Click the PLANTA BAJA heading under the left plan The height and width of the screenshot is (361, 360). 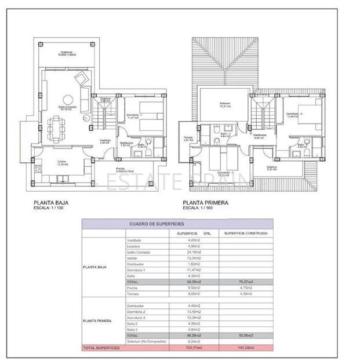click(x=52, y=203)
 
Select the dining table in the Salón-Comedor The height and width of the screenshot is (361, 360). click(x=57, y=126)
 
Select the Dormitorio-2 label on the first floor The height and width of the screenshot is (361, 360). click(x=295, y=115)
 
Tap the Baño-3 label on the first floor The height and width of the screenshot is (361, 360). click(x=226, y=134)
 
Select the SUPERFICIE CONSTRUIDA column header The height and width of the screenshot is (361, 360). click(x=246, y=233)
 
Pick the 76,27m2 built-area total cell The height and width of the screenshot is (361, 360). click(x=246, y=282)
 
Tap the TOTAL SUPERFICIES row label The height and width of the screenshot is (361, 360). click(x=101, y=348)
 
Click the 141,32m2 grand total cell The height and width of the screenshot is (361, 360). click(x=246, y=348)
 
